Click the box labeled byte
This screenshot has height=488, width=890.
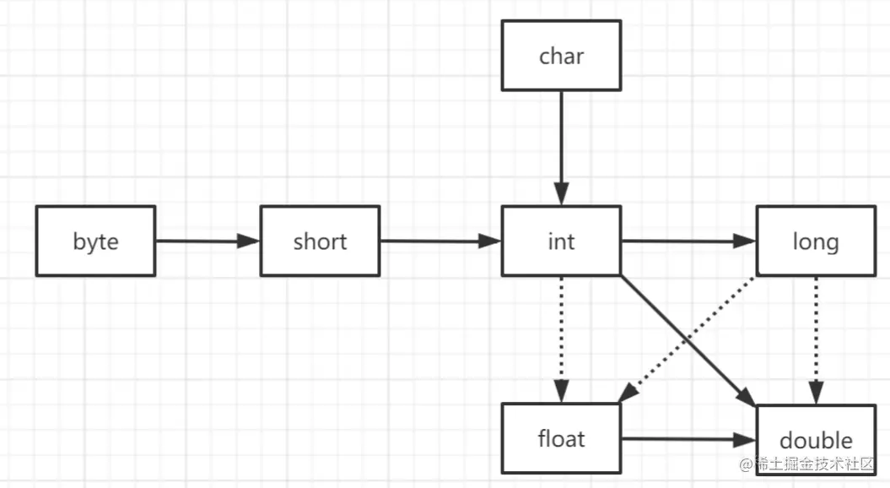[95, 241]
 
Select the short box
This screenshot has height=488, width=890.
[320, 241]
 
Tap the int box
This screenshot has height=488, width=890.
[561, 241]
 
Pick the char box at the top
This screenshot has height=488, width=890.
[561, 56]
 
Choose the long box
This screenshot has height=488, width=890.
[815, 241]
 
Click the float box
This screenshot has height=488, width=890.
[561, 438]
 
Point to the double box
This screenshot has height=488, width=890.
[815, 440]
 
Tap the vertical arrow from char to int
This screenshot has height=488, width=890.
[561, 144]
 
